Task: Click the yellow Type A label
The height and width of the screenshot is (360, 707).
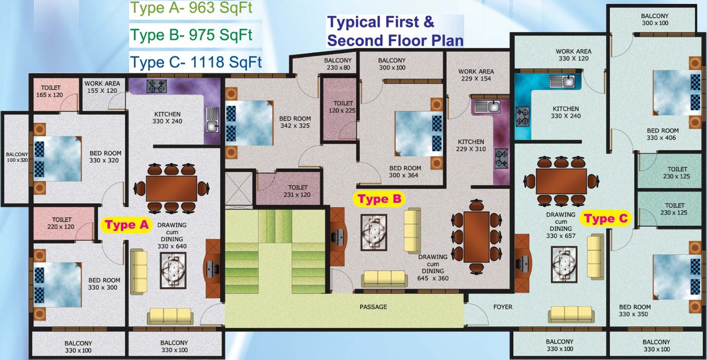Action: (127, 224)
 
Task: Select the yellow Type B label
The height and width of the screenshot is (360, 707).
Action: (380, 199)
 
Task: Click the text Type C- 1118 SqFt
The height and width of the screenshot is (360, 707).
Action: (196, 62)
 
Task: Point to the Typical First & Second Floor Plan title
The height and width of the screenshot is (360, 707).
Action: (395, 31)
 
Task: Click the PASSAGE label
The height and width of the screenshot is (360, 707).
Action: (373, 307)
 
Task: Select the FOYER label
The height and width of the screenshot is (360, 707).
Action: (502, 307)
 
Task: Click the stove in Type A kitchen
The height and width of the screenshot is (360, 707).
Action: (157, 86)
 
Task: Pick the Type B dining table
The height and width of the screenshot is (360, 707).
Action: (476, 236)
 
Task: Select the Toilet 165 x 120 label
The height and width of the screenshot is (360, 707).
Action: (49, 91)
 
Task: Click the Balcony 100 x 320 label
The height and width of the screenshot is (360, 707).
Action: (16, 157)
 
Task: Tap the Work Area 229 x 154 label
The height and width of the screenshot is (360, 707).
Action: (476, 75)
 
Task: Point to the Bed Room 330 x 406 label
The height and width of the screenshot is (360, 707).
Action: (662, 134)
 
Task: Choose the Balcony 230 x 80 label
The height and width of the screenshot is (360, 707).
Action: (338, 64)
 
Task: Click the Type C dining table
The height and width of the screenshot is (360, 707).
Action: (561, 181)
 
